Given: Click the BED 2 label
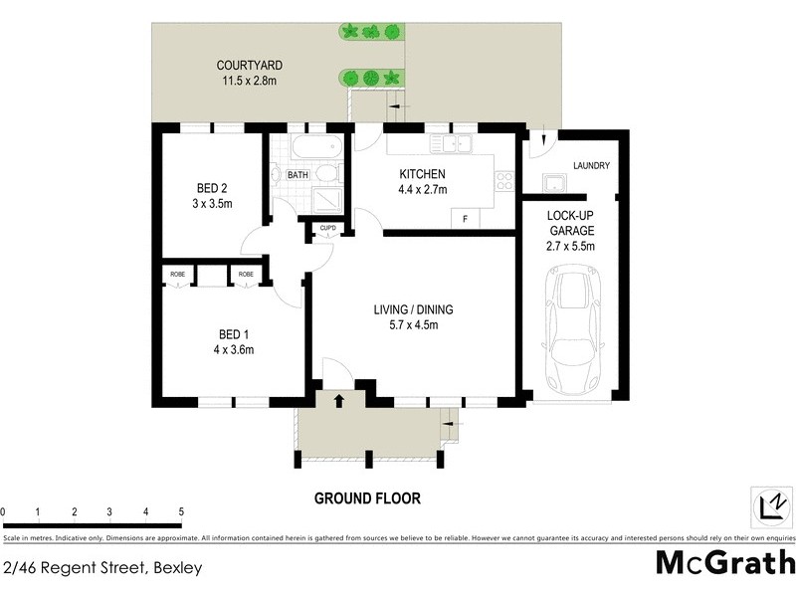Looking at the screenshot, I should (213, 188).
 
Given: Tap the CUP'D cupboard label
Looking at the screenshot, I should (328, 228).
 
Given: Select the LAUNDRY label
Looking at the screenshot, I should (591, 165).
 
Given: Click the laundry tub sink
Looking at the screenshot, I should (552, 183).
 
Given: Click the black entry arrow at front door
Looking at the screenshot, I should (338, 400).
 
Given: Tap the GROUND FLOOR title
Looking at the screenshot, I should (367, 497).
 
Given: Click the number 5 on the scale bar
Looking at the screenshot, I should (181, 512).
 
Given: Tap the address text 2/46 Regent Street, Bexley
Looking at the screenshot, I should (102, 569).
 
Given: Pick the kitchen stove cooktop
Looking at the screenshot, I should (503, 182).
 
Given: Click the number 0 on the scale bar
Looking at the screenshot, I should (4, 512).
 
